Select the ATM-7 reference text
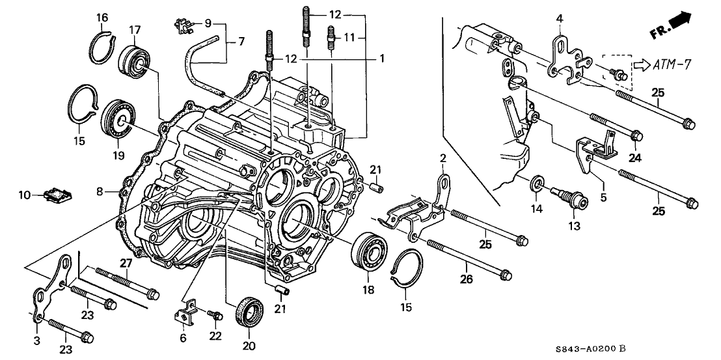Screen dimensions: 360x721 pos(672,64)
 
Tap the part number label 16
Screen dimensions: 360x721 pos(102,17)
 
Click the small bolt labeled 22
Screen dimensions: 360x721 pos(213,315)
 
